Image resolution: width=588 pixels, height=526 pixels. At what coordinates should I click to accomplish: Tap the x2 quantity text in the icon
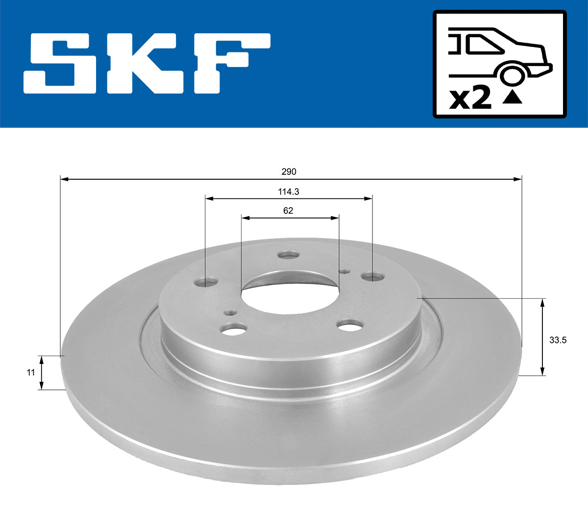(x=470, y=98)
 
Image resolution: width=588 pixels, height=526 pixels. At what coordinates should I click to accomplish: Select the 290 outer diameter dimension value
(x=289, y=172)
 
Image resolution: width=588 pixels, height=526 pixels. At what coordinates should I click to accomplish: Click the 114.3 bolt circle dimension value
(x=289, y=192)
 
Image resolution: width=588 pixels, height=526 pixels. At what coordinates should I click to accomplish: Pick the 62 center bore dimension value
(x=288, y=211)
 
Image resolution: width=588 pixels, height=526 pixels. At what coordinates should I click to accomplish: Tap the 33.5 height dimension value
(x=558, y=340)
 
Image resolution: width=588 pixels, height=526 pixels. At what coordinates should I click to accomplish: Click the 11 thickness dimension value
(x=30, y=372)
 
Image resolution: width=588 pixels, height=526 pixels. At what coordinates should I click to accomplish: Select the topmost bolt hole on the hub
(x=288, y=255)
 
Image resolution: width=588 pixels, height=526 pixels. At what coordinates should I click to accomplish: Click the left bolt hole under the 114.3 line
(x=206, y=282)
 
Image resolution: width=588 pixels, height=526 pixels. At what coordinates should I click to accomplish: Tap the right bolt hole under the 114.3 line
(x=373, y=277)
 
